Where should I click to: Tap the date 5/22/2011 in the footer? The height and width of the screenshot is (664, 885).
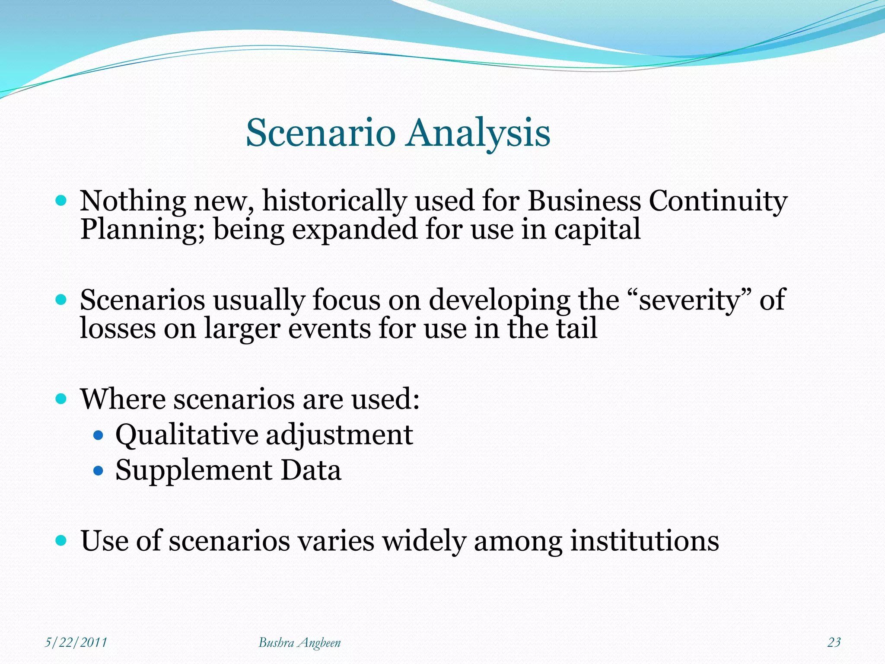click(x=76, y=642)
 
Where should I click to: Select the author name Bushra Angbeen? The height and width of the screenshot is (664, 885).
click(x=299, y=643)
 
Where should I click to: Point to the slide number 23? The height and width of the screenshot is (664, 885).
click(x=834, y=642)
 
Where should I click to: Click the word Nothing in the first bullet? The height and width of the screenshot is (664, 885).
click(x=133, y=201)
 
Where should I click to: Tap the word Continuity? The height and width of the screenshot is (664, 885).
click(x=718, y=201)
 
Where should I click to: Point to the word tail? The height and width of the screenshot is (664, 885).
click(x=576, y=328)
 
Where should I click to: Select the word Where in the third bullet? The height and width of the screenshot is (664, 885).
click(x=123, y=399)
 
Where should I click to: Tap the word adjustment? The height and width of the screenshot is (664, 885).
click(x=339, y=435)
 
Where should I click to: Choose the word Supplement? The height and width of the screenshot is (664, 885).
click(x=193, y=470)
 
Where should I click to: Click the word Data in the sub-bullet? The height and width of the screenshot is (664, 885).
click(x=311, y=470)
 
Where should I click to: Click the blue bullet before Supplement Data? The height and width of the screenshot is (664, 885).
click(x=99, y=470)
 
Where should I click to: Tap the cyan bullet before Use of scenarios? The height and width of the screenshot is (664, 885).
click(x=61, y=540)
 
